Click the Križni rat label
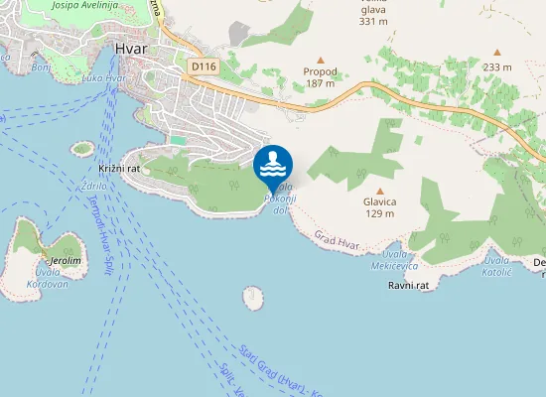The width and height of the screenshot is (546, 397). (x=119, y=170)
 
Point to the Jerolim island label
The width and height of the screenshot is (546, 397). (x=66, y=260)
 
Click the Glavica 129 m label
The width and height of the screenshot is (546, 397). (x=380, y=207)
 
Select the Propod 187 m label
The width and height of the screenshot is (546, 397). (x=321, y=78)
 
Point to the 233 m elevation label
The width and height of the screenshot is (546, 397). (x=498, y=66)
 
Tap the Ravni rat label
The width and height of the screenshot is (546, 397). (x=407, y=285)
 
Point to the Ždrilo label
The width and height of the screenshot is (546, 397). (x=96, y=185)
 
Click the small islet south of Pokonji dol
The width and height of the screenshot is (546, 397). (x=252, y=296)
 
